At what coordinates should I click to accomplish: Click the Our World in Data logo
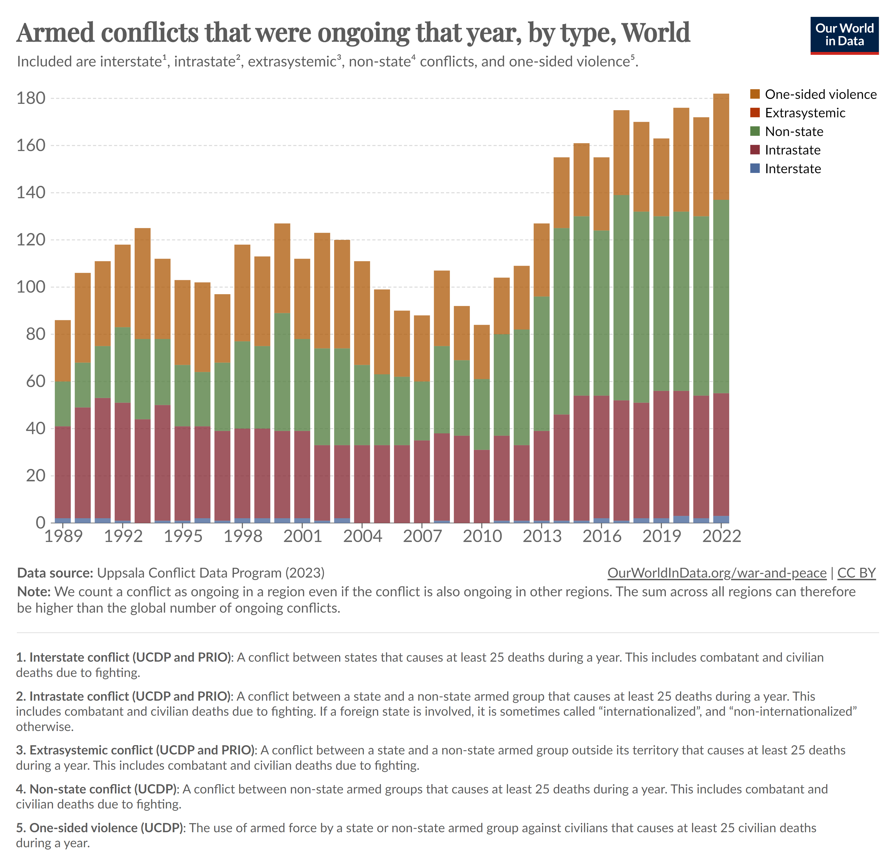[844, 36]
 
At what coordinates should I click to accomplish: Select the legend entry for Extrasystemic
[805, 113]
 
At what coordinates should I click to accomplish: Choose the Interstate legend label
[793, 169]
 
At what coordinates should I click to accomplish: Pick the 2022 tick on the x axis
[721, 536]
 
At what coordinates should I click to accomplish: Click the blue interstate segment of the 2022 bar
[721, 520]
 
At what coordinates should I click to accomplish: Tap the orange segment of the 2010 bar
[481, 352]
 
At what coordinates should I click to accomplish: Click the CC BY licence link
[856, 573]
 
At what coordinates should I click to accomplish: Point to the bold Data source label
[55, 573]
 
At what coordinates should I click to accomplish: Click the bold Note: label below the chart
[34, 592]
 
